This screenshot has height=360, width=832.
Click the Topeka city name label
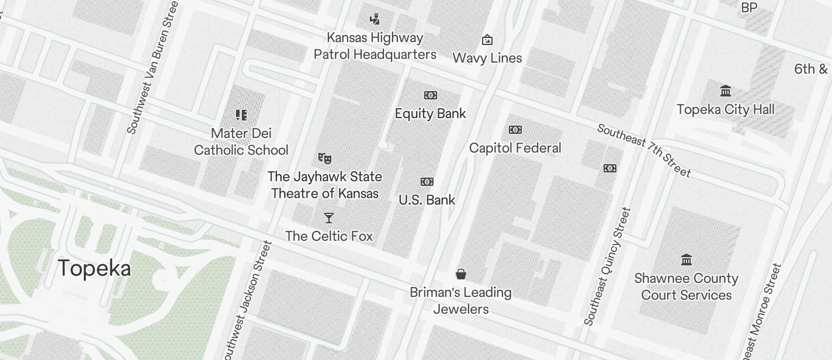(x=95, y=268)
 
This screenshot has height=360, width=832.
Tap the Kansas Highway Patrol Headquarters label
(x=375, y=46)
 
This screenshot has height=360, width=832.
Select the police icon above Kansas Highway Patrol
(x=375, y=19)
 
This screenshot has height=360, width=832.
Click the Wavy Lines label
(x=487, y=58)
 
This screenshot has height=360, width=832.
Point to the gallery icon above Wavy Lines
(x=487, y=40)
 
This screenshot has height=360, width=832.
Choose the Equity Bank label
(x=431, y=113)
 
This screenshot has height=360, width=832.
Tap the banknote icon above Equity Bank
(x=431, y=95)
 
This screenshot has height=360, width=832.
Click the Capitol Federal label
(x=515, y=148)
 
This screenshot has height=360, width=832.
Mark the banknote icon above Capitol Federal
(x=515, y=130)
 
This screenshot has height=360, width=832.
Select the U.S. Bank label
(x=427, y=200)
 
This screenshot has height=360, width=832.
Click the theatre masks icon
(x=325, y=158)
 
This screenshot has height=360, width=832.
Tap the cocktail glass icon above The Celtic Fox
(x=329, y=218)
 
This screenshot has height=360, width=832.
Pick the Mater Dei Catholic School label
(x=241, y=142)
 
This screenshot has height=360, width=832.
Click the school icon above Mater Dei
(x=241, y=115)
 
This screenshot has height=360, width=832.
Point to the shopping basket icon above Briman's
(x=461, y=274)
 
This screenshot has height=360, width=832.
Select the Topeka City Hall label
(x=726, y=109)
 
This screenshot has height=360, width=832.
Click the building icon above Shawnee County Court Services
(x=687, y=259)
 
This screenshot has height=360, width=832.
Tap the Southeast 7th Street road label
(x=644, y=150)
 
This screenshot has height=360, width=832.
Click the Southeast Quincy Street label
(x=608, y=266)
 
